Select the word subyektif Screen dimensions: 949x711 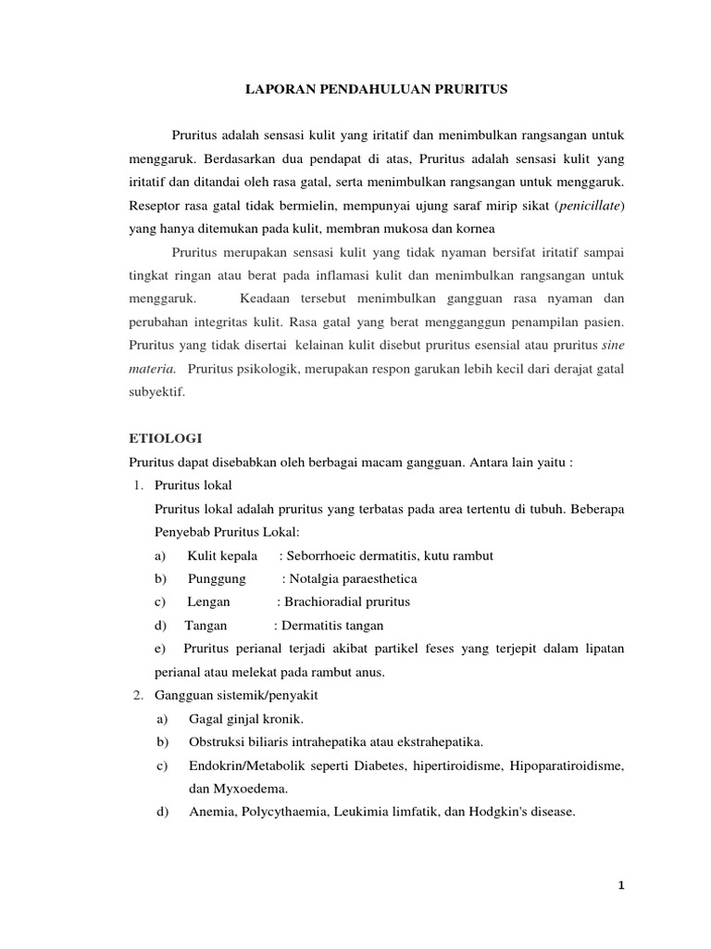[156, 392]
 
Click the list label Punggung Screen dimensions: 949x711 [216, 578]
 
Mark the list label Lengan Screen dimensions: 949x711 [208, 601]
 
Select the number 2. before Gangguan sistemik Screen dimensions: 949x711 [134, 696]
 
